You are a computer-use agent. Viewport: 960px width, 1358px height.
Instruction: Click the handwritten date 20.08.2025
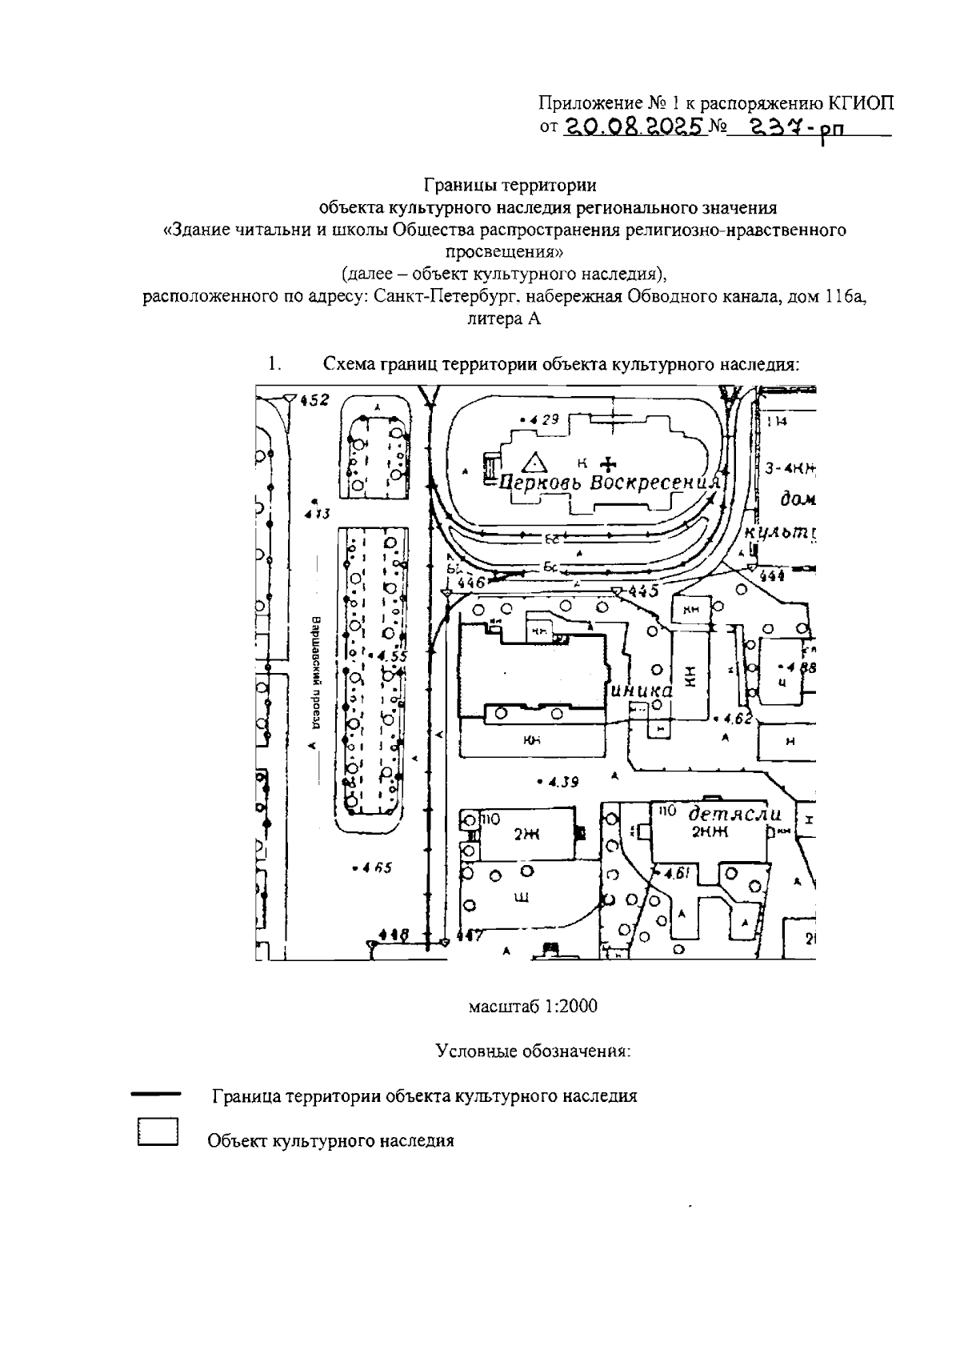pos(636,126)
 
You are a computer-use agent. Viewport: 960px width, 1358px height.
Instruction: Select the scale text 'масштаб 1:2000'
pos(533,1006)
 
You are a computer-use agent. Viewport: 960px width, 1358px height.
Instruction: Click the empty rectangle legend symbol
pos(157,1133)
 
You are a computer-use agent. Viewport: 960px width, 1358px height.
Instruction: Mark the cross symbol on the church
pos(610,463)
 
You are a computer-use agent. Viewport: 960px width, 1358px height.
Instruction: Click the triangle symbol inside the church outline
pos(533,462)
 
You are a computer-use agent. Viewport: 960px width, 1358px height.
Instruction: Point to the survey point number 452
pos(314,400)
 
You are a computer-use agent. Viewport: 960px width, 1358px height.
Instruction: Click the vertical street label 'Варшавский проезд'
pos(316,672)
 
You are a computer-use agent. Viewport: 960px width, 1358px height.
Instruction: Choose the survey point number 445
pos(643,591)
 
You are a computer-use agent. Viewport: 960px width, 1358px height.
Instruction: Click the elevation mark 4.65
pos(371,867)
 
